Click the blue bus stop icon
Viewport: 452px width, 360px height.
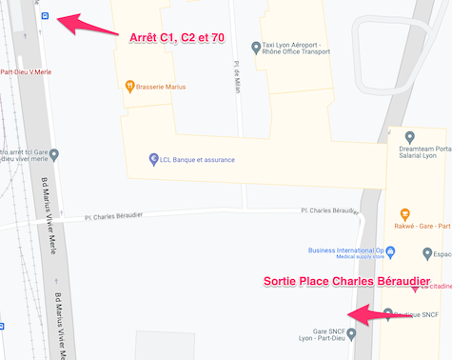click(x=44, y=16)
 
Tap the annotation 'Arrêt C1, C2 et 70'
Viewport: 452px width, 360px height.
click(x=177, y=38)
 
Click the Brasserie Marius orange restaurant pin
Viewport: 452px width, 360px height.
click(x=129, y=87)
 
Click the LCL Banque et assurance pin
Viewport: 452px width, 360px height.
click(x=153, y=159)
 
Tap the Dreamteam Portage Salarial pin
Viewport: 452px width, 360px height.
click(x=409, y=137)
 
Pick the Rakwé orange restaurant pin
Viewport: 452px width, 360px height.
click(x=404, y=214)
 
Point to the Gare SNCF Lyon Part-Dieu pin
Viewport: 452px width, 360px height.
click(x=352, y=333)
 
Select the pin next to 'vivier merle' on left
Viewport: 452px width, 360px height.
click(x=53, y=154)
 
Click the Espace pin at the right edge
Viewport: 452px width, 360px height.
click(x=428, y=253)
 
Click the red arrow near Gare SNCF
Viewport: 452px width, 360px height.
click(x=381, y=312)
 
